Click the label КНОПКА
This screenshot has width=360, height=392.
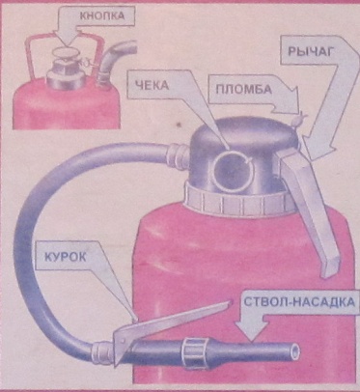(102, 16)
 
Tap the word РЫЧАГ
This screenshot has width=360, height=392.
(310, 52)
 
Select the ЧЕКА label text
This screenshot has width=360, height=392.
(152, 86)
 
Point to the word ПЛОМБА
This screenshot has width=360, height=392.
(243, 89)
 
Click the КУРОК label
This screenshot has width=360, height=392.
(65, 257)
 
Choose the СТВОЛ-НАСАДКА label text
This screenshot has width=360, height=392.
(299, 302)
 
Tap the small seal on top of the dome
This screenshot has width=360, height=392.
(299, 121)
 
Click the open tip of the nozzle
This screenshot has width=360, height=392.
(294, 351)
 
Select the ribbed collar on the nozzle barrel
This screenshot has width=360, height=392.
(192, 353)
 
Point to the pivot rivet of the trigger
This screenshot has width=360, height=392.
(123, 341)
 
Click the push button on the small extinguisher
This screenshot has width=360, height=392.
(64, 53)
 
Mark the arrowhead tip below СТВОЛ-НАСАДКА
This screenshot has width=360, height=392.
(252, 341)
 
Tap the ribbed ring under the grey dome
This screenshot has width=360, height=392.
(239, 200)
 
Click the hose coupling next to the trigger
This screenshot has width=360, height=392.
(101, 353)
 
